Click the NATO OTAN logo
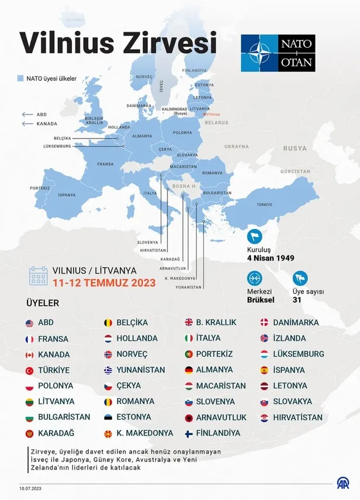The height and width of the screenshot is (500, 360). point(278,53)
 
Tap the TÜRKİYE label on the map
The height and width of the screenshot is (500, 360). point(265,205)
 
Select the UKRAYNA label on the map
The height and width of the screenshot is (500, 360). point(237,146)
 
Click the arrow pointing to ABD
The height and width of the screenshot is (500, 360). point(27,115)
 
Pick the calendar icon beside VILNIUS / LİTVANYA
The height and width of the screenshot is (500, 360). point(39,276)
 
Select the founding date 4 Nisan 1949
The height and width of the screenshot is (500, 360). point(270,258)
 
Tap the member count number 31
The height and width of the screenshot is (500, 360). point(297,300)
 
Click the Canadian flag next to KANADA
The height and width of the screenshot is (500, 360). point(29,355)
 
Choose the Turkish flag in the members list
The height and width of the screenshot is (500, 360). point(29,370)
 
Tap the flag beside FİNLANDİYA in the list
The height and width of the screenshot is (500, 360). point(189,433)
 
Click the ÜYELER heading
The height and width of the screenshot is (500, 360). point(43,304)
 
